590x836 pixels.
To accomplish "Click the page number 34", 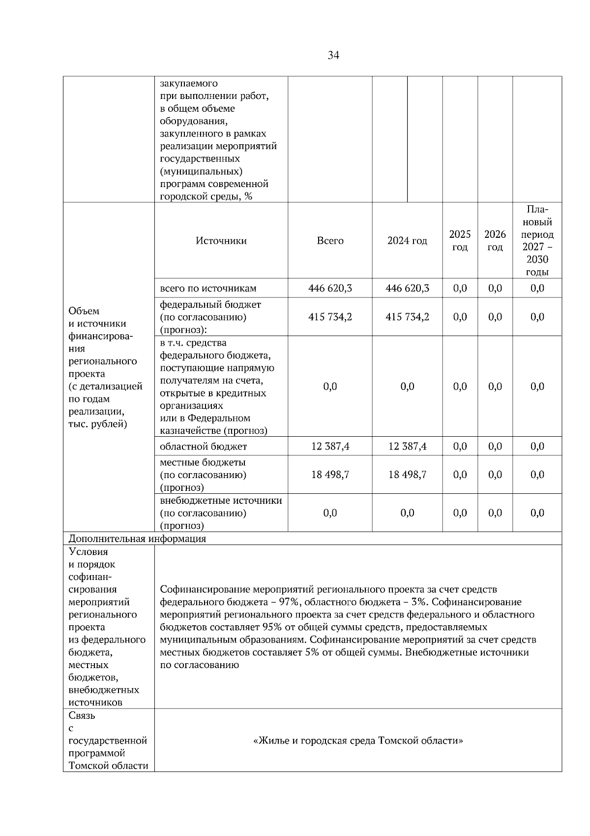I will [333, 56].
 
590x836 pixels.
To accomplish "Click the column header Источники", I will [221, 241].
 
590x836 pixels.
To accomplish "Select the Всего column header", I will [330, 241].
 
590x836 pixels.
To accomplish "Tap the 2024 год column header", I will [407, 241].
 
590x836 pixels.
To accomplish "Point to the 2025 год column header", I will [460, 241].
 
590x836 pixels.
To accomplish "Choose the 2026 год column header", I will [495, 241].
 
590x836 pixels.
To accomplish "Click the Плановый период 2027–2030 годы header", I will [537, 241].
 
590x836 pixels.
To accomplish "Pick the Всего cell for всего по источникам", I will [330, 289].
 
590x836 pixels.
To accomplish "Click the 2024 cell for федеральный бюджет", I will [407, 317].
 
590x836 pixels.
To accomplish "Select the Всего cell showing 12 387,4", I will [330, 447].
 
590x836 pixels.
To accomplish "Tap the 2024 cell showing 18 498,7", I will [407, 475].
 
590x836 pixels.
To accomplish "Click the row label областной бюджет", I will [204, 447].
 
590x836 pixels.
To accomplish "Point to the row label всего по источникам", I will [208, 289].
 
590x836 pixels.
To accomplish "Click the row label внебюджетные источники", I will [221, 501].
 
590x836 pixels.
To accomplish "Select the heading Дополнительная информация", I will [137, 539].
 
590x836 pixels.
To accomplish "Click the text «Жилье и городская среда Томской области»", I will [358, 741].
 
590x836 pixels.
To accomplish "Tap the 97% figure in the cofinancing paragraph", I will [287, 602].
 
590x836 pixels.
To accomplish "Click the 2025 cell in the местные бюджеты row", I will [460, 475].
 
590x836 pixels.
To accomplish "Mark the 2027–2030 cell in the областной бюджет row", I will [537, 447].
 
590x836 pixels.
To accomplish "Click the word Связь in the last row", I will [82, 715].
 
